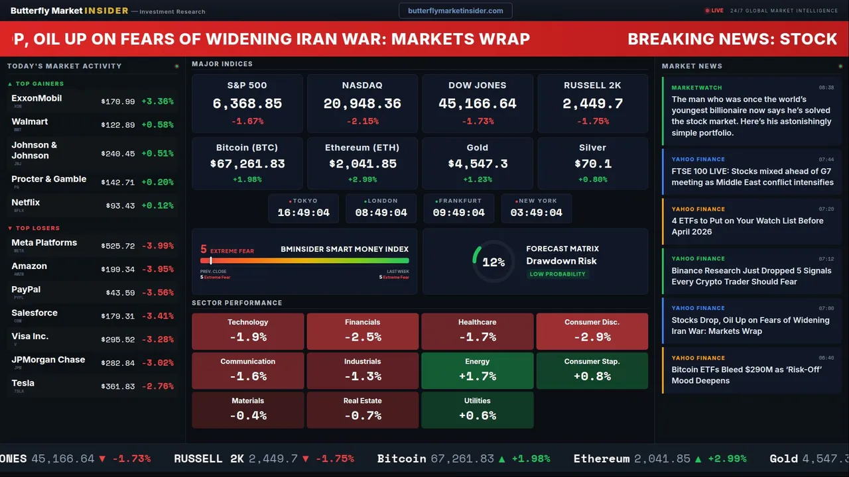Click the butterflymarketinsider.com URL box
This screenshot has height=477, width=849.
click(455, 11)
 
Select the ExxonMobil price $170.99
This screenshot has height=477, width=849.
click(118, 102)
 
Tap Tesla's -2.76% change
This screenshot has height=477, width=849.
click(158, 386)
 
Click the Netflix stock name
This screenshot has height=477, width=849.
click(26, 203)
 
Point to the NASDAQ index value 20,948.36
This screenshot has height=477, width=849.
click(362, 104)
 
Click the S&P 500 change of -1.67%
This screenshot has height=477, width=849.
click(247, 122)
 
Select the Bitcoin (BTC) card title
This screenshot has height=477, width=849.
click(247, 148)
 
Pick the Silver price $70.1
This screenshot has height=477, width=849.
click(592, 164)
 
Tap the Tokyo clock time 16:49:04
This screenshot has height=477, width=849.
click(303, 213)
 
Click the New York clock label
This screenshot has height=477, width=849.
click(537, 201)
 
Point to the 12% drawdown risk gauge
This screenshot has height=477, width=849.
click(493, 262)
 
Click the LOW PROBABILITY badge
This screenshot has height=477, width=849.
click(557, 274)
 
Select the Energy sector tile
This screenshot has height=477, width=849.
click(477, 370)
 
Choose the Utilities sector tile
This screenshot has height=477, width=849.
click(477, 409)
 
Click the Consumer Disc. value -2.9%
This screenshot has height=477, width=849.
click(592, 337)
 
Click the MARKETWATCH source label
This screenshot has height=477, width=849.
click(696, 87)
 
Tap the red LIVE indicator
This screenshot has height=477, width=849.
click(714, 11)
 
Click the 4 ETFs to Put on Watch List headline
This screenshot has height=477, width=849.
click(747, 226)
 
